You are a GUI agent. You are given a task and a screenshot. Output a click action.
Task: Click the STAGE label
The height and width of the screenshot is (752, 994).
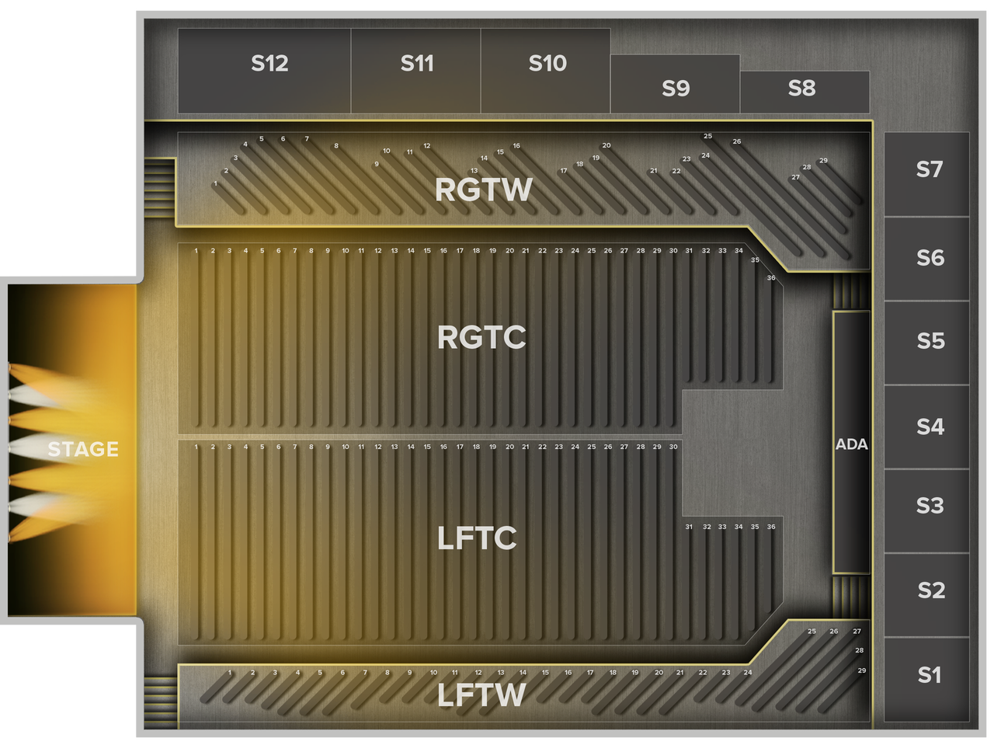coord(82,449)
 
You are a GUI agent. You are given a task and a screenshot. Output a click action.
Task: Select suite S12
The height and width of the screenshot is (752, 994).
coord(269,64)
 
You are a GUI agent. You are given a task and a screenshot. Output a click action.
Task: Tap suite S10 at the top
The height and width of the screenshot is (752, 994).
coord(547,64)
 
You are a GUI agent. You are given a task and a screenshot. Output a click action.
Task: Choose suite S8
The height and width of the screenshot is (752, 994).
coord(801,89)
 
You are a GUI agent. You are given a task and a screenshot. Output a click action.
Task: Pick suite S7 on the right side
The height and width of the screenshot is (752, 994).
coord(928,169)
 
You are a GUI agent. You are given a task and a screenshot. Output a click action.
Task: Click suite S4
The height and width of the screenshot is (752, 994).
coord(930,426)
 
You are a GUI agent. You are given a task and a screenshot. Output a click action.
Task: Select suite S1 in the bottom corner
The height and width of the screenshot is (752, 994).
coord(929,675)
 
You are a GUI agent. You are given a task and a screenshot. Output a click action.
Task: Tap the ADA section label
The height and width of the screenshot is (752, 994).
coord(851,445)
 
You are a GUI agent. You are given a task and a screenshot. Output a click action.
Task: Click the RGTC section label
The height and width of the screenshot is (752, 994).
coord(481,338)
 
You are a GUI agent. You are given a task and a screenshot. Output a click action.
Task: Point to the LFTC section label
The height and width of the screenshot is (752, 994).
coord(477,538)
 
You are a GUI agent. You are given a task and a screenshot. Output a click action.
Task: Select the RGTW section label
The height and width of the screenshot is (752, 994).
coord(483,190)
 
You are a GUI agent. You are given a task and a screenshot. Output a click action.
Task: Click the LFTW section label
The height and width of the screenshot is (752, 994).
coord(481,695)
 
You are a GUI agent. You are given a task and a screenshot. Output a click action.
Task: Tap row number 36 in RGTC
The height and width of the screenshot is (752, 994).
coord(771,278)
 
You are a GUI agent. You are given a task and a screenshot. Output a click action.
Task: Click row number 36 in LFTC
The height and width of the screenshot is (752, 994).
coord(771,527)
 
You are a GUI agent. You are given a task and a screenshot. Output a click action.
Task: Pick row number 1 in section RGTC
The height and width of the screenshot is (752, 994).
coord(196,251)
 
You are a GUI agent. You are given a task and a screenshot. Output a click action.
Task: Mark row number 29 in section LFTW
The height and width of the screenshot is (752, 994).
coord(861,670)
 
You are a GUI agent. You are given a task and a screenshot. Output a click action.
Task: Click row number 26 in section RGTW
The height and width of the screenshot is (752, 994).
coord(737,142)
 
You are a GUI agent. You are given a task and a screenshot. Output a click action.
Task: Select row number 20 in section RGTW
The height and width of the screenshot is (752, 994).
coord(606,145)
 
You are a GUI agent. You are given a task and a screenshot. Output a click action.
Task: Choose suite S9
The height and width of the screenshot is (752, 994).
coord(676,89)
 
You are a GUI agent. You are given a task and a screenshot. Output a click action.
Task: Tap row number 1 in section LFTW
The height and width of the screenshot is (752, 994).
coord(230,673)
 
